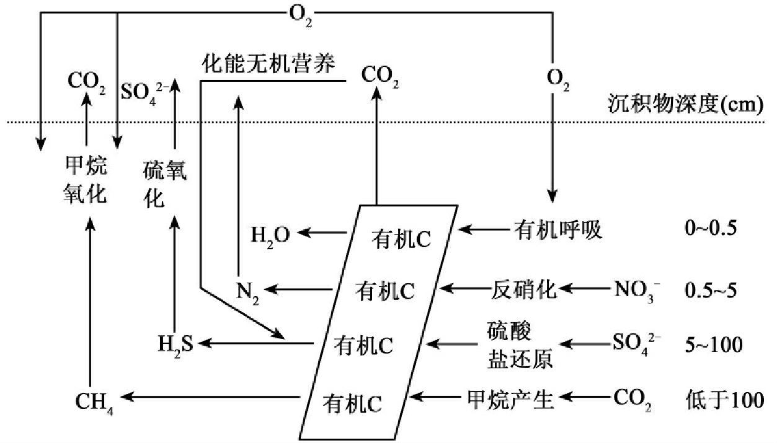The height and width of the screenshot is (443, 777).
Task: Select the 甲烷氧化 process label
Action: pyautogui.click(x=86, y=180)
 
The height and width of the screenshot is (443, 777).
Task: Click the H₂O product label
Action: pyautogui.click(x=270, y=234)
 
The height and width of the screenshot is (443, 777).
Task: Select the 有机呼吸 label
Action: pyautogui.click(x=558, y=231)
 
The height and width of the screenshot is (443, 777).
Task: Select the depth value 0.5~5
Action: pyautogui.click(x=709, y=289)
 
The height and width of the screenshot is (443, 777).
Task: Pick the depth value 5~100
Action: pyautogui.click(x=712, y=344)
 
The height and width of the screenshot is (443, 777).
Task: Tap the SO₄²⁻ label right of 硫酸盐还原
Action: pyautogui.click(x=634, y=344)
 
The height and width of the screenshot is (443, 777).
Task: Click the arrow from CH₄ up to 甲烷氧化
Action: pyautogui.click(x=91, y=304)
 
